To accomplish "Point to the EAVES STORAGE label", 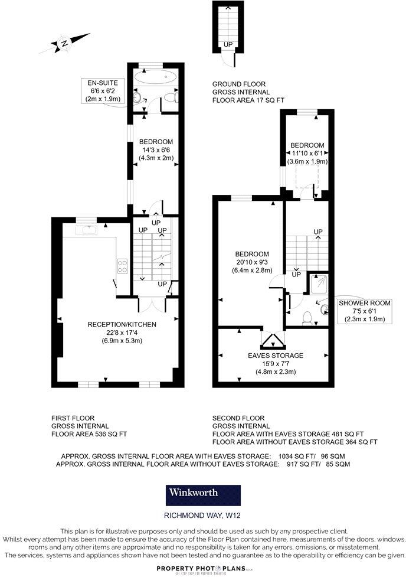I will point(275,356).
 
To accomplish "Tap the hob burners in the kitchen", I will point(123,266).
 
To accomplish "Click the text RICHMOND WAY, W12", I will point(202,515).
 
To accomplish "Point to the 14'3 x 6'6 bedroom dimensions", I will point(156,150).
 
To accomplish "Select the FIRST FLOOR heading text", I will point(73,418).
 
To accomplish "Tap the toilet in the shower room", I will point(306,318).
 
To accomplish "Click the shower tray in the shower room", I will point(316,283).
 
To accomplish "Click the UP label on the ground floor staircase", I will point(227,44).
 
